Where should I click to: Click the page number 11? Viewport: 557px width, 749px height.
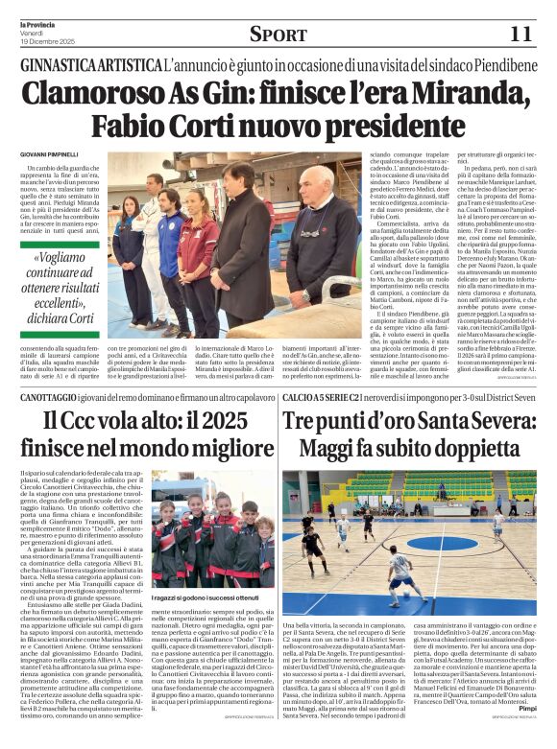tap(520, 34)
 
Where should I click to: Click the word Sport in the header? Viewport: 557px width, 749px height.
tap(278, 35)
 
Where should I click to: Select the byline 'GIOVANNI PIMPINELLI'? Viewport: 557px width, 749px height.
tap(51, 154)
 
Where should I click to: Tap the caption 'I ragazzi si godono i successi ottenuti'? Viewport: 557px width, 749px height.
tap(206, 597)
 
